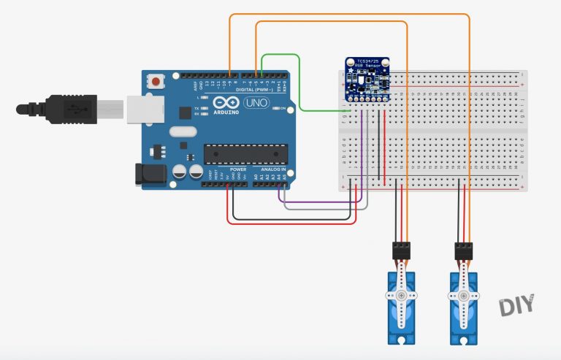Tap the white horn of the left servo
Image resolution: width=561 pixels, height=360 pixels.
(x=400, y=296)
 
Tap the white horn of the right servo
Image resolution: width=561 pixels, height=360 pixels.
(x=463, y=296)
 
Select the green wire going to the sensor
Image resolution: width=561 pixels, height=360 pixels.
(x=299, y=88)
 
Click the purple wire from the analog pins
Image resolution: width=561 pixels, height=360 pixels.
(x=321, y=199)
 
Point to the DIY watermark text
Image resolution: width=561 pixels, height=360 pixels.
(x=517, y=305)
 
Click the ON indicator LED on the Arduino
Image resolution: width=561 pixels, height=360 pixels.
(x=274, y=109)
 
